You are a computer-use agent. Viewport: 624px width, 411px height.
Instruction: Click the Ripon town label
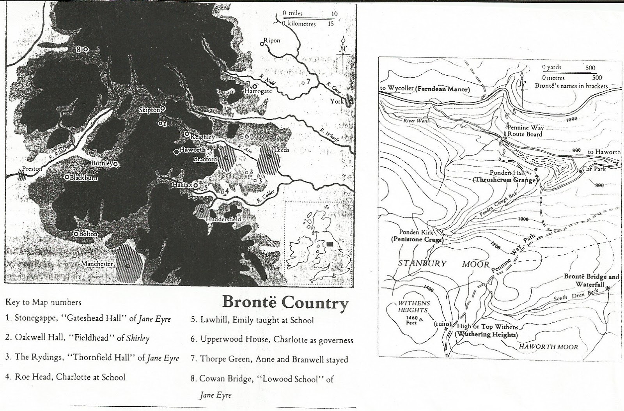click(272, 41)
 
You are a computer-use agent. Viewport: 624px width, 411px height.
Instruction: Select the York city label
click(337, 101)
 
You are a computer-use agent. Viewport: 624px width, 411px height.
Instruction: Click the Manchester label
click(97, 264)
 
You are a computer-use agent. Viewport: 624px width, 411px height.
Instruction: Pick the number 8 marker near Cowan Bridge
click(79, 49)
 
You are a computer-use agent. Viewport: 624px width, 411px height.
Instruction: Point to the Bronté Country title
click(285, 303)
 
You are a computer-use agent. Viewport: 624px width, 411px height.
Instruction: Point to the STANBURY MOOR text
click(443, 264)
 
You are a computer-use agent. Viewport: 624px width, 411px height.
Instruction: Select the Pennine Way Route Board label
click(525, 131)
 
